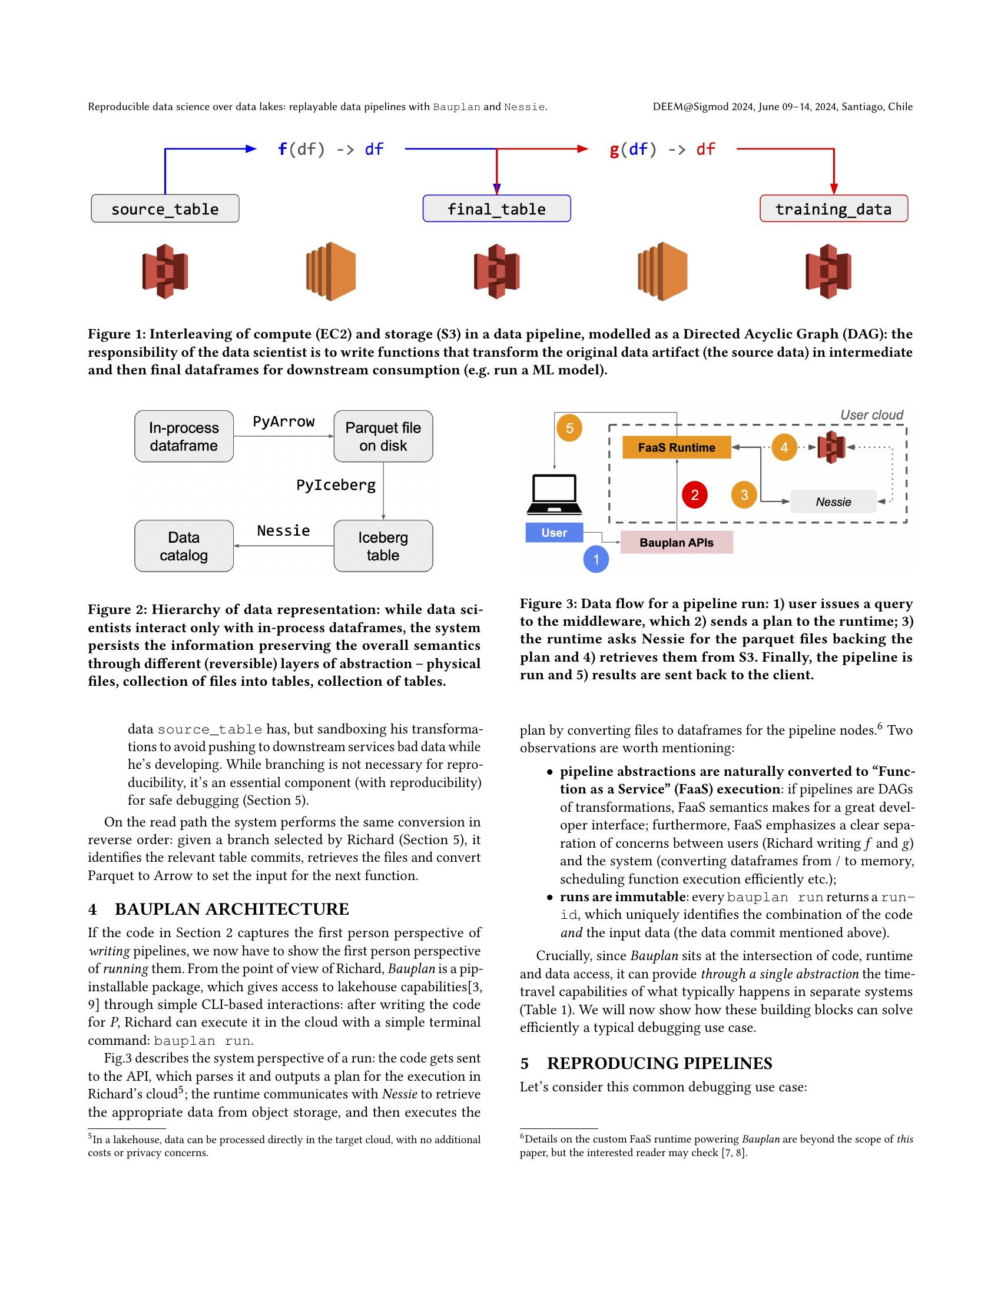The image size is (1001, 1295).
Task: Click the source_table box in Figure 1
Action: [165, 209]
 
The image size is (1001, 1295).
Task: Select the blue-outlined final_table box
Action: [496, 209]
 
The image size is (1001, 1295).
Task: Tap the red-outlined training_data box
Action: [833, 209]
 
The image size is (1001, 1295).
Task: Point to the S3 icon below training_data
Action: [828, 271]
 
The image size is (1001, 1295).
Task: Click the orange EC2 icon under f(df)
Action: [330, 271]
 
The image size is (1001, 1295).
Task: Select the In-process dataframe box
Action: [184, 436]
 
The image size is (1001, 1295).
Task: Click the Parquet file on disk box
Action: [383, 436]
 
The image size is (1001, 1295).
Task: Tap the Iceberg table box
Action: [383, 546]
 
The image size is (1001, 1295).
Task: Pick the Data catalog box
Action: [184, 546]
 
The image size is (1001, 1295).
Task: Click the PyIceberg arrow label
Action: [336, 485]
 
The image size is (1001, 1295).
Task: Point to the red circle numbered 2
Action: [694, 494]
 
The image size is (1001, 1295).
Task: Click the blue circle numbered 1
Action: [596, 559]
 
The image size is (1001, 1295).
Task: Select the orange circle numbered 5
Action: [569, 428]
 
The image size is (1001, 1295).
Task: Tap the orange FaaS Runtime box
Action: [676, 448]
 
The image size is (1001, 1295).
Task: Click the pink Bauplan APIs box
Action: [676, 543]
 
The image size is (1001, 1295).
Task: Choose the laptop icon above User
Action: [555, 494]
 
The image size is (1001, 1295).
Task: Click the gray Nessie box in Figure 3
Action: [833, 502]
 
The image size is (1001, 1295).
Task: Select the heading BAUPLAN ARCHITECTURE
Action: [231, 909]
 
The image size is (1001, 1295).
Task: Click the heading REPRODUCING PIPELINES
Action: [659, 1063]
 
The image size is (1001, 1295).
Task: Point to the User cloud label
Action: [871, 415]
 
